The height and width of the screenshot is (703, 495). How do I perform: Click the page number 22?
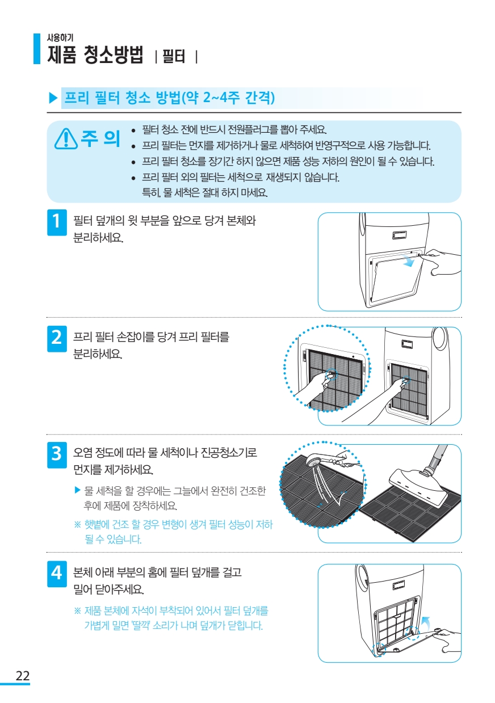(23, 675)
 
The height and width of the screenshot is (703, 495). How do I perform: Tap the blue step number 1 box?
(57, 222)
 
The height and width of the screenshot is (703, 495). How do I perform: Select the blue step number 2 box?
(57, 339)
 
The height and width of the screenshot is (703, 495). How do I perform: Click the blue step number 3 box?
(57, 454)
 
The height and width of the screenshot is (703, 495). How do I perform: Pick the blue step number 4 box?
(57, 574)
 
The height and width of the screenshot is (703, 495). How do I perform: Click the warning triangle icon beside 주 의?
(66, 138)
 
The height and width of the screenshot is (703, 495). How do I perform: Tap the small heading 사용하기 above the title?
(60, 37)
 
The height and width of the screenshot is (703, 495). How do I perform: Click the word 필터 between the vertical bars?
(174, 57)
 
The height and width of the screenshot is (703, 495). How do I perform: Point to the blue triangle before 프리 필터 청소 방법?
(53, 98)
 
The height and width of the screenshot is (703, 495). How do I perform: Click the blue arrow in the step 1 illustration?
(408, 260)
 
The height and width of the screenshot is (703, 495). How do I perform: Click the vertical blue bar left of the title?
(37, 49)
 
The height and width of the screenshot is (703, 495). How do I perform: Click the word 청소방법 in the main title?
(114, 54)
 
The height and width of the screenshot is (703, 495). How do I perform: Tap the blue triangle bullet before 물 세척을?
(78, 490)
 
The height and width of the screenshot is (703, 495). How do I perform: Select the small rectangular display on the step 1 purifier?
(399, 235)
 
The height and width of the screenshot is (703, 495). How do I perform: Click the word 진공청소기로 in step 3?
(229, 453)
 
